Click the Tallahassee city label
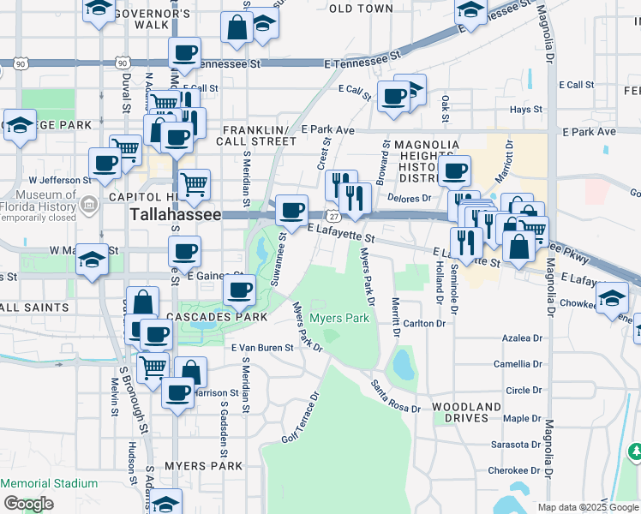175,215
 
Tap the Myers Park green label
339,319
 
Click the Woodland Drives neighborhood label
466,412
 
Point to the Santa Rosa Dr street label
396,397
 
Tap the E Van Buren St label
262,348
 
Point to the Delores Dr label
413,198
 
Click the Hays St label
526,110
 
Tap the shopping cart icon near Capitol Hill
195,182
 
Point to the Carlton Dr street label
425,324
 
